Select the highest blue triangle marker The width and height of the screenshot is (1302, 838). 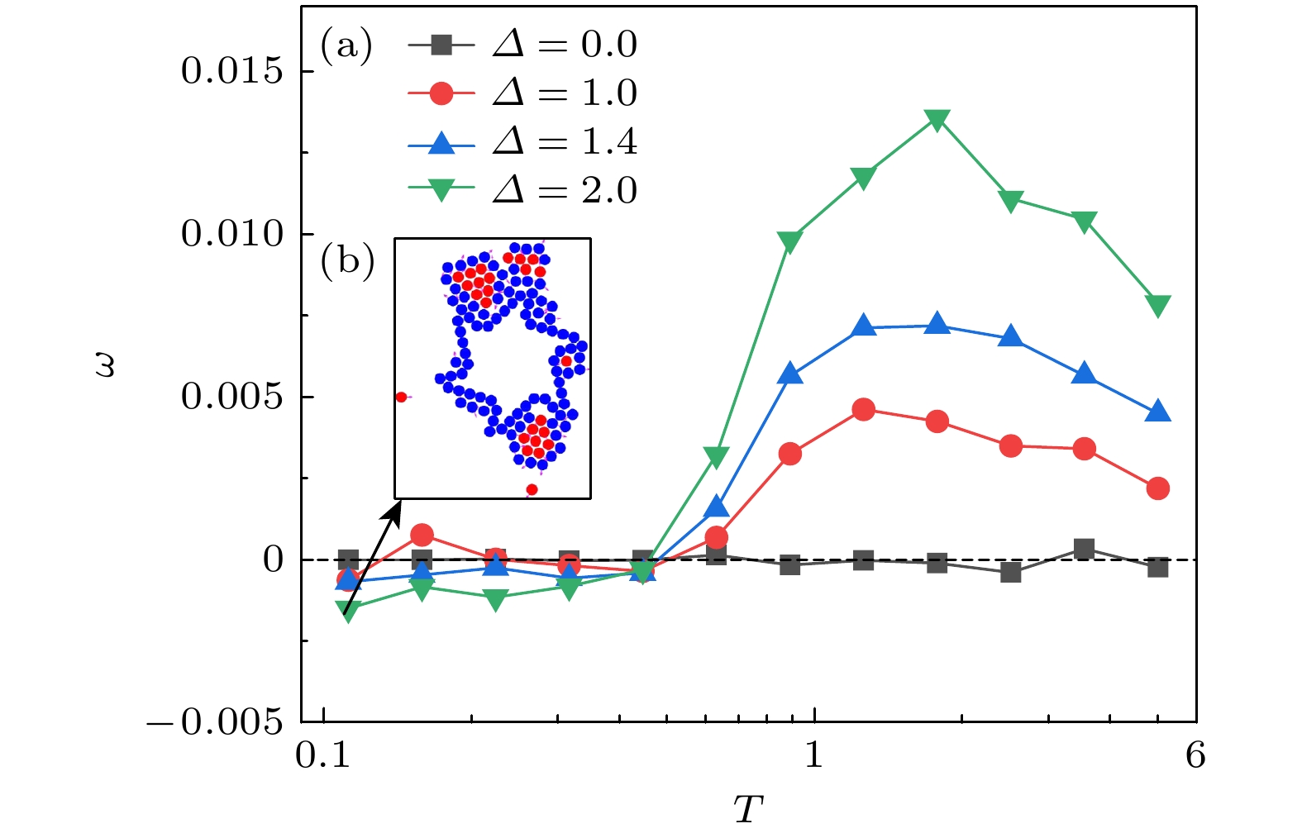coord(937,324)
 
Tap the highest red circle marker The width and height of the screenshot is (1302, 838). coord(863,409)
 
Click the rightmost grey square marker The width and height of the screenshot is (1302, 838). coord(1157,567)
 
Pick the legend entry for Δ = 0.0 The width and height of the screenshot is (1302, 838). coord(522,45)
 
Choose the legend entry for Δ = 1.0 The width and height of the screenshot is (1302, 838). coord(522,93)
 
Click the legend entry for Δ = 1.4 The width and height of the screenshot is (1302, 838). coord(522,142)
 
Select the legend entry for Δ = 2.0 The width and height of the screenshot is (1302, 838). coord(522,190)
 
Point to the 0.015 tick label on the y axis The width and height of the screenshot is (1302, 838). coord(231,72)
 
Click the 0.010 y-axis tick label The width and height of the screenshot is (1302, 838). coord(231,235)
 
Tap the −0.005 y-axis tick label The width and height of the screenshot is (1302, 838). coord(215,723)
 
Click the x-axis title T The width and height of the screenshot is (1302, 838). coord(748,810)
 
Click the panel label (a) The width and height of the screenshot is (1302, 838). coord(346,45)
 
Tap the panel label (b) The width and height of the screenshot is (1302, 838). coord(347,261)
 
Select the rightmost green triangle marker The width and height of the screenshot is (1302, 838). coord(1157,306)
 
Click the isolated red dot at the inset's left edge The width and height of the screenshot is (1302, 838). coord(401,397)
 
